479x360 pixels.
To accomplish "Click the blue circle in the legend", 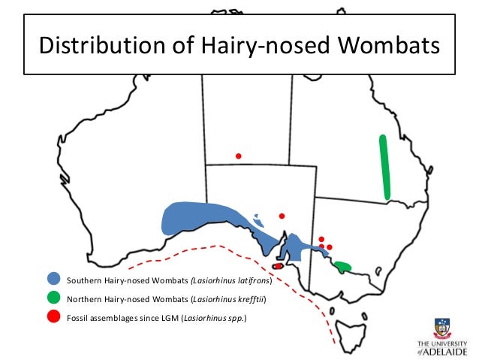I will pyautogui.click(x=53, y=280).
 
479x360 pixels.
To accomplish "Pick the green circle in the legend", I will pyautogui.click(x=53, y=298).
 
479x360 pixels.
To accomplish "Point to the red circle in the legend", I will pyautogui.click(x=53, y=316).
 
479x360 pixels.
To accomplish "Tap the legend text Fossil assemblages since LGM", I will pyautogui.click(x=122, y=317).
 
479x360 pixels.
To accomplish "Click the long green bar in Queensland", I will pyautogui.click(x=385, y=167).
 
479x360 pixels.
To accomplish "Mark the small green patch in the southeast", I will pyautogui.click(x=344, y=266).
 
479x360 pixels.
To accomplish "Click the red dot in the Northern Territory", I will pyautogui.click(x=238, y=156).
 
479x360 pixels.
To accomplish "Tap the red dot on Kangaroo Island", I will pyautogui.click(x=278, y=265).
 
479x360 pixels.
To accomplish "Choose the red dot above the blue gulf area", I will pyautogui.click(x=282, y=216).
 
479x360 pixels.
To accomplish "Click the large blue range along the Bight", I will pyautogui.click(x=199, y=219).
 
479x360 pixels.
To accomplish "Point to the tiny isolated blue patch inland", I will pyautogui.click(x=258, y=220).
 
